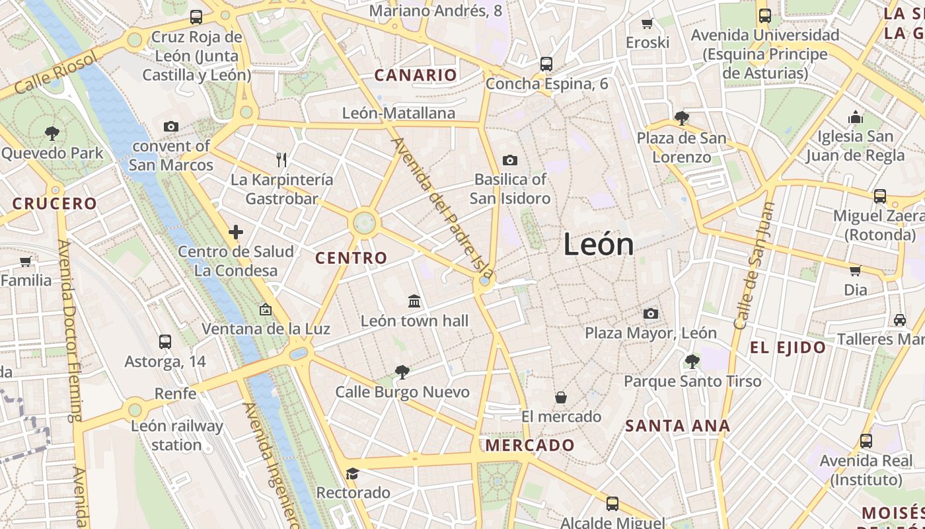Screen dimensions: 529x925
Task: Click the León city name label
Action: (599, 245)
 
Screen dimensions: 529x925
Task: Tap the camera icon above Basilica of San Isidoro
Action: (509, 160)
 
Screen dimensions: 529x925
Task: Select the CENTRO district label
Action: (351, 259)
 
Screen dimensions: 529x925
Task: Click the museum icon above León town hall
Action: (414, 302)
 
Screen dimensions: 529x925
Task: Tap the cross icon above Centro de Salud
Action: (236, 232)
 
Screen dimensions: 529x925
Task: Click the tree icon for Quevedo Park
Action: (52, 134)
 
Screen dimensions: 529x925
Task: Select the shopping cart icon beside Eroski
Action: (647, 23)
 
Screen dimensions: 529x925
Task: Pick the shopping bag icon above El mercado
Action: (561, 397)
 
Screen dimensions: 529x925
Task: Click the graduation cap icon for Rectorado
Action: (353, 473)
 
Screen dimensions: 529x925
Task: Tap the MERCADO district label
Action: (530, 446)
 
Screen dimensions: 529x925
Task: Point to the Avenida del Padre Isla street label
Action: (443, 206)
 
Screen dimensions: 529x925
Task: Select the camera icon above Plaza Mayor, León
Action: (651, 313)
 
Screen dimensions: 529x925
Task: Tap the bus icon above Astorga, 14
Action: (165, 342)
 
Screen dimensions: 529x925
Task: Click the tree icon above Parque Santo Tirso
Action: (692, 362)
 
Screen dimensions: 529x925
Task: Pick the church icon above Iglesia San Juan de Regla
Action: (856, 118)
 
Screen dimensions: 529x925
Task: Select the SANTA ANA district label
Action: (678, 426)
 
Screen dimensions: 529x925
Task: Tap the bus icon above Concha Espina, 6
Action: (546, 64)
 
